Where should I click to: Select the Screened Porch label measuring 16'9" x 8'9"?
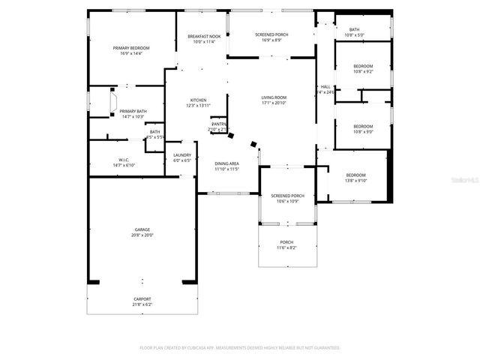[269, 34]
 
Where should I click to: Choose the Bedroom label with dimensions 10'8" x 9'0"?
[363, 126]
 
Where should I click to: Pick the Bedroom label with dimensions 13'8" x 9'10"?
[355, 175]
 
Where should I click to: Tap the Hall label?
[325, 87]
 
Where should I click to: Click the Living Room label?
[274, 97]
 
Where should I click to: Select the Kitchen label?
[198, 100]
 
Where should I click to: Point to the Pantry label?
[218, 124]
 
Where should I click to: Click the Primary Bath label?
[133, 111]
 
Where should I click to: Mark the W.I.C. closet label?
[124, 160]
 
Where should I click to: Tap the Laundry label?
[182, 155]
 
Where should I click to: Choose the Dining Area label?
[226, 163]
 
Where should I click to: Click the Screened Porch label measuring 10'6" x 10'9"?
[287, 196]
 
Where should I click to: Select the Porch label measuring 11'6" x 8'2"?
[286, 242]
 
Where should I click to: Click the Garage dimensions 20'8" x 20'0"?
[142, 235]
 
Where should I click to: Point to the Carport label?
[142, 298]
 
